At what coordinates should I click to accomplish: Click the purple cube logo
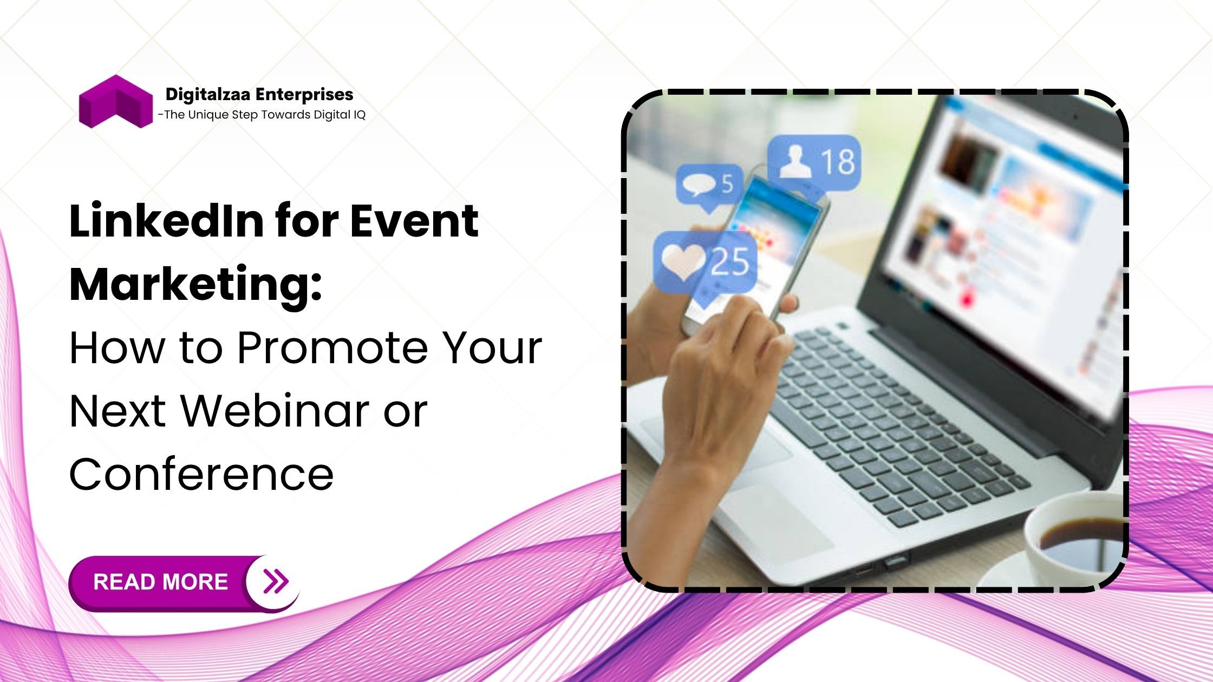pos(116,102)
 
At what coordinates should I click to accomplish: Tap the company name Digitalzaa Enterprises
pos(259,94)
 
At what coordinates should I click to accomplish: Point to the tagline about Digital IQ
pos(262,115)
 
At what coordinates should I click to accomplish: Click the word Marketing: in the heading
pos(196,284)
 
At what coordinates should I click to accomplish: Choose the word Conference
pos(201,474)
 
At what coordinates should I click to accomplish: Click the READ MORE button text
pos(160,582)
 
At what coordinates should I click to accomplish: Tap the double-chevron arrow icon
pos(276,581)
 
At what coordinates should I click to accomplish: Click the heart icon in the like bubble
pos(683,263)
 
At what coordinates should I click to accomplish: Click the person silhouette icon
pos(795,162)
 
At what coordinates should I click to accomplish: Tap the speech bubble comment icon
pos(699,185)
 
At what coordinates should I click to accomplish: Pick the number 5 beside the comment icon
pos(727,184)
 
